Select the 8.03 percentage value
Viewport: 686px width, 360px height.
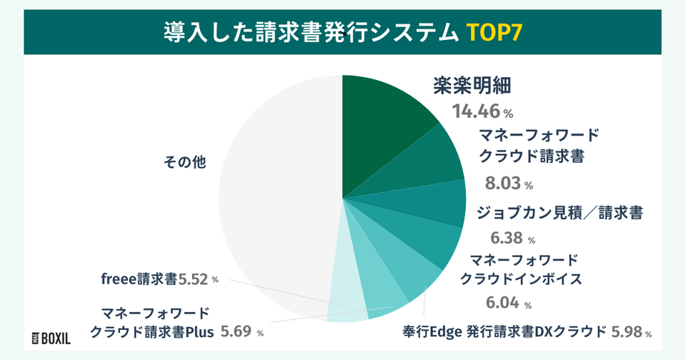point(503,184)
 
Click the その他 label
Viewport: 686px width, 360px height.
point(184,162)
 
